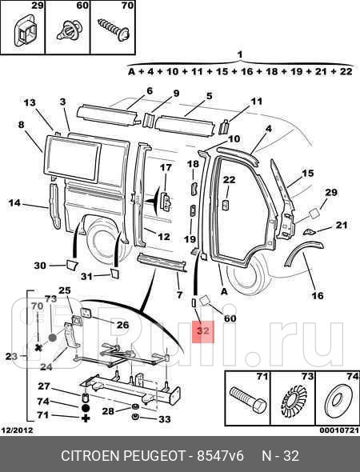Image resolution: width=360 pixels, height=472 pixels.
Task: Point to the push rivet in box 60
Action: [x=69, y=32]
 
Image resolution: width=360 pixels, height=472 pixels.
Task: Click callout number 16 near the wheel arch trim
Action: [x=317, y=296]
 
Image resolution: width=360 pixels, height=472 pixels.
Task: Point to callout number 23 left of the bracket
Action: [x=10, y=356]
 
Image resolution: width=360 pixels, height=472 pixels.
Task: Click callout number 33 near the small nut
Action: [x=164, y=419]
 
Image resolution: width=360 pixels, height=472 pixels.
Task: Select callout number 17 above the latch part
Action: [x=166, y=167]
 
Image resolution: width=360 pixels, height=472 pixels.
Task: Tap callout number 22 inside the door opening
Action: [x=229, y=180]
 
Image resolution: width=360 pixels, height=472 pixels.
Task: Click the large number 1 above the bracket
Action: [x=239, y=54]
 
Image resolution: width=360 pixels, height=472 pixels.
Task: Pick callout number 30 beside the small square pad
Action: [x=40, y=266]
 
